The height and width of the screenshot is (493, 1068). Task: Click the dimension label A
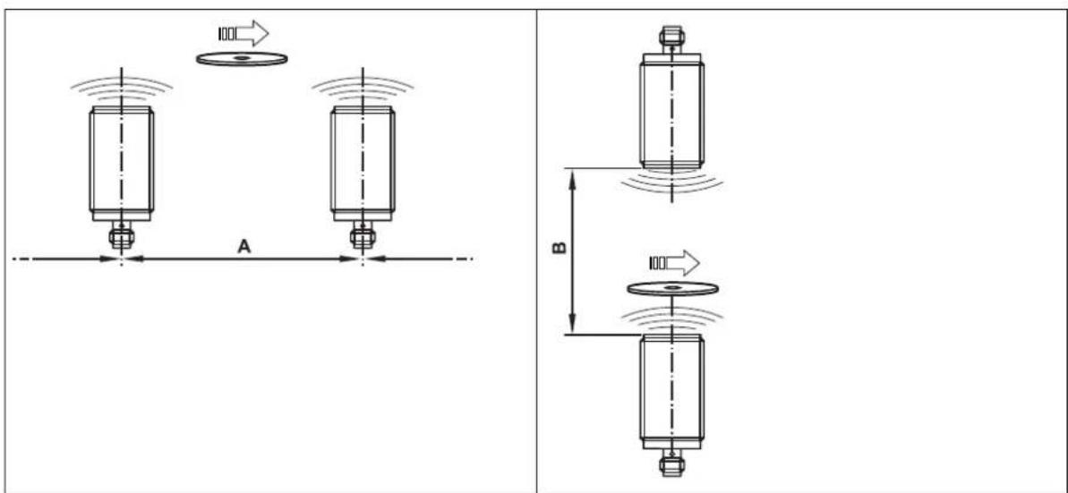click(x=244, y=248)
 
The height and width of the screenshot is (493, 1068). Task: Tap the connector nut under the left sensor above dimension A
click(x=122, y=237)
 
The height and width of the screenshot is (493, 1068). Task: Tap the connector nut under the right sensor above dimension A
click(x=363, y=237)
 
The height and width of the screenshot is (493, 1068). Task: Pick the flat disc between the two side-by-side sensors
click(x=242, y=58)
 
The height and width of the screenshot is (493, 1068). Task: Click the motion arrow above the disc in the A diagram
click(x=244, y=33)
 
